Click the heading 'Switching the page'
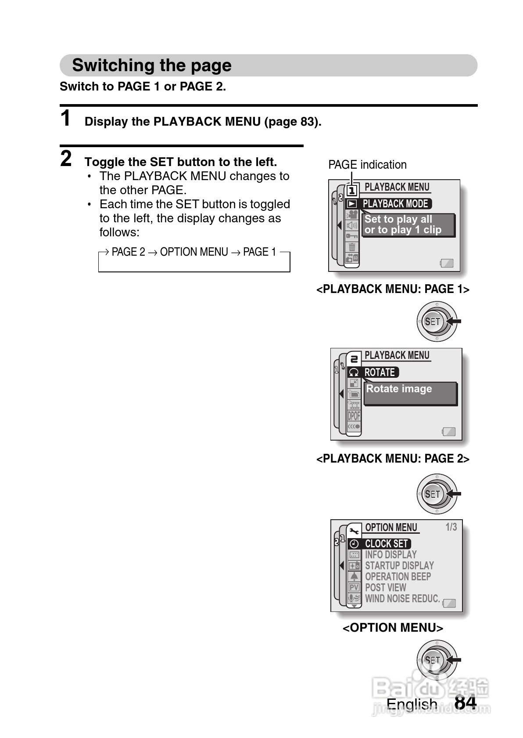pyautogui.click(x=152, y=65)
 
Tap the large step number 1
pyautogui.click(x=66, y=119)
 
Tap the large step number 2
pyautogui.click(x=66, y=159)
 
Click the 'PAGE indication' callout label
pyautogui.click(x=367, y=165)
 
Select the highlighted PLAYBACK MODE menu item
pyautogui.click(x=395, y=204)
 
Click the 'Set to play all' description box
pyautogui.click(x=408, y=225)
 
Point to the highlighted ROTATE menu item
pyautogui.click(x=380, y=373)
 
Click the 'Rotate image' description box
pyautogui.click(x=410, y=393)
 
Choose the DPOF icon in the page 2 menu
pyautogui.click(x=354, y=416)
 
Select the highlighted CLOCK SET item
pyautogui.click(x=387, y=544)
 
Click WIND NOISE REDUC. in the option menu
pyautogui.click(x=402, y=599)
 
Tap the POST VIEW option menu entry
pyautogui.click(x=386, y=588)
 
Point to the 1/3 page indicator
pyautogui.click(x=451, y=527)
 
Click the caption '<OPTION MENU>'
pyautogui.click(x=393, y=628)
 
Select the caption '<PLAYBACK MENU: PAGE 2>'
pyautogui.click(x=393, y=459)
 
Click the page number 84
pyautogui.click(x=465, y=702)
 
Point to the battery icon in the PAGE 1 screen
pyautogui.click(x=447, y=263)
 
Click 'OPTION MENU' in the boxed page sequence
pyautogui.click(x=194, y=252)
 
